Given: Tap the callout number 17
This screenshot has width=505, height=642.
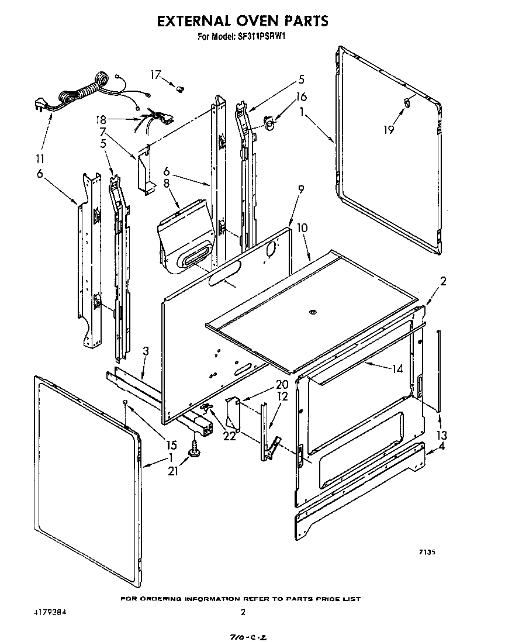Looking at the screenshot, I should pyautogui.click(x=155, y=74).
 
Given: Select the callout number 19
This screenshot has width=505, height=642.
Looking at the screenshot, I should pyautogui.click(x=389, y=130).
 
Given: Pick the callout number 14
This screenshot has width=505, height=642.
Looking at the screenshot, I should pyautogui.click(x=397, y=369).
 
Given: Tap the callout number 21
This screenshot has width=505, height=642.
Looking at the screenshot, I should pyautogui.click(x=173, y=471).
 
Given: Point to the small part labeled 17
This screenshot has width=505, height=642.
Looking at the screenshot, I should pyautogui.click(x=180, y=89).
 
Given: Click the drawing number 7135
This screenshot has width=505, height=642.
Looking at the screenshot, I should pyautogui.click(x=427, y=552).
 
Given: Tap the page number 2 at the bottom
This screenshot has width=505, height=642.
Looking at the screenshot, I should pyautogui.click(x=243, y=613).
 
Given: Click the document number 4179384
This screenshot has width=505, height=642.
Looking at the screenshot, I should pyautogui.click(x=50, y=613).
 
